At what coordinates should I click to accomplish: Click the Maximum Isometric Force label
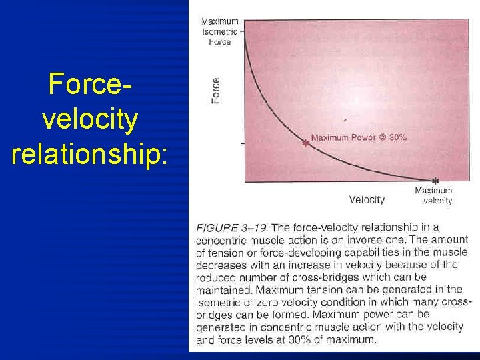pos(220,31)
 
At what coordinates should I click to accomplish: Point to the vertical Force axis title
pos(215,90)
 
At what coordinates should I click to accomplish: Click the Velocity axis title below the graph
pos(367,199)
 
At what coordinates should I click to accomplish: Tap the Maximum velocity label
pos(434,195)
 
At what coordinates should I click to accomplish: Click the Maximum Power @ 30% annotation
pos(359,137)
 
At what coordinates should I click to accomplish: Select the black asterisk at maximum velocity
pos(435,181)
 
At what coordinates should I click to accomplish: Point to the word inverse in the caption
pos(353,240)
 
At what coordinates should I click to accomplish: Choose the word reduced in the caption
pos(215,277)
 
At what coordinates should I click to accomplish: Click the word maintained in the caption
pos(224,290)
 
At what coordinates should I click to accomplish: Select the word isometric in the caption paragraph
pos(219,302)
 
